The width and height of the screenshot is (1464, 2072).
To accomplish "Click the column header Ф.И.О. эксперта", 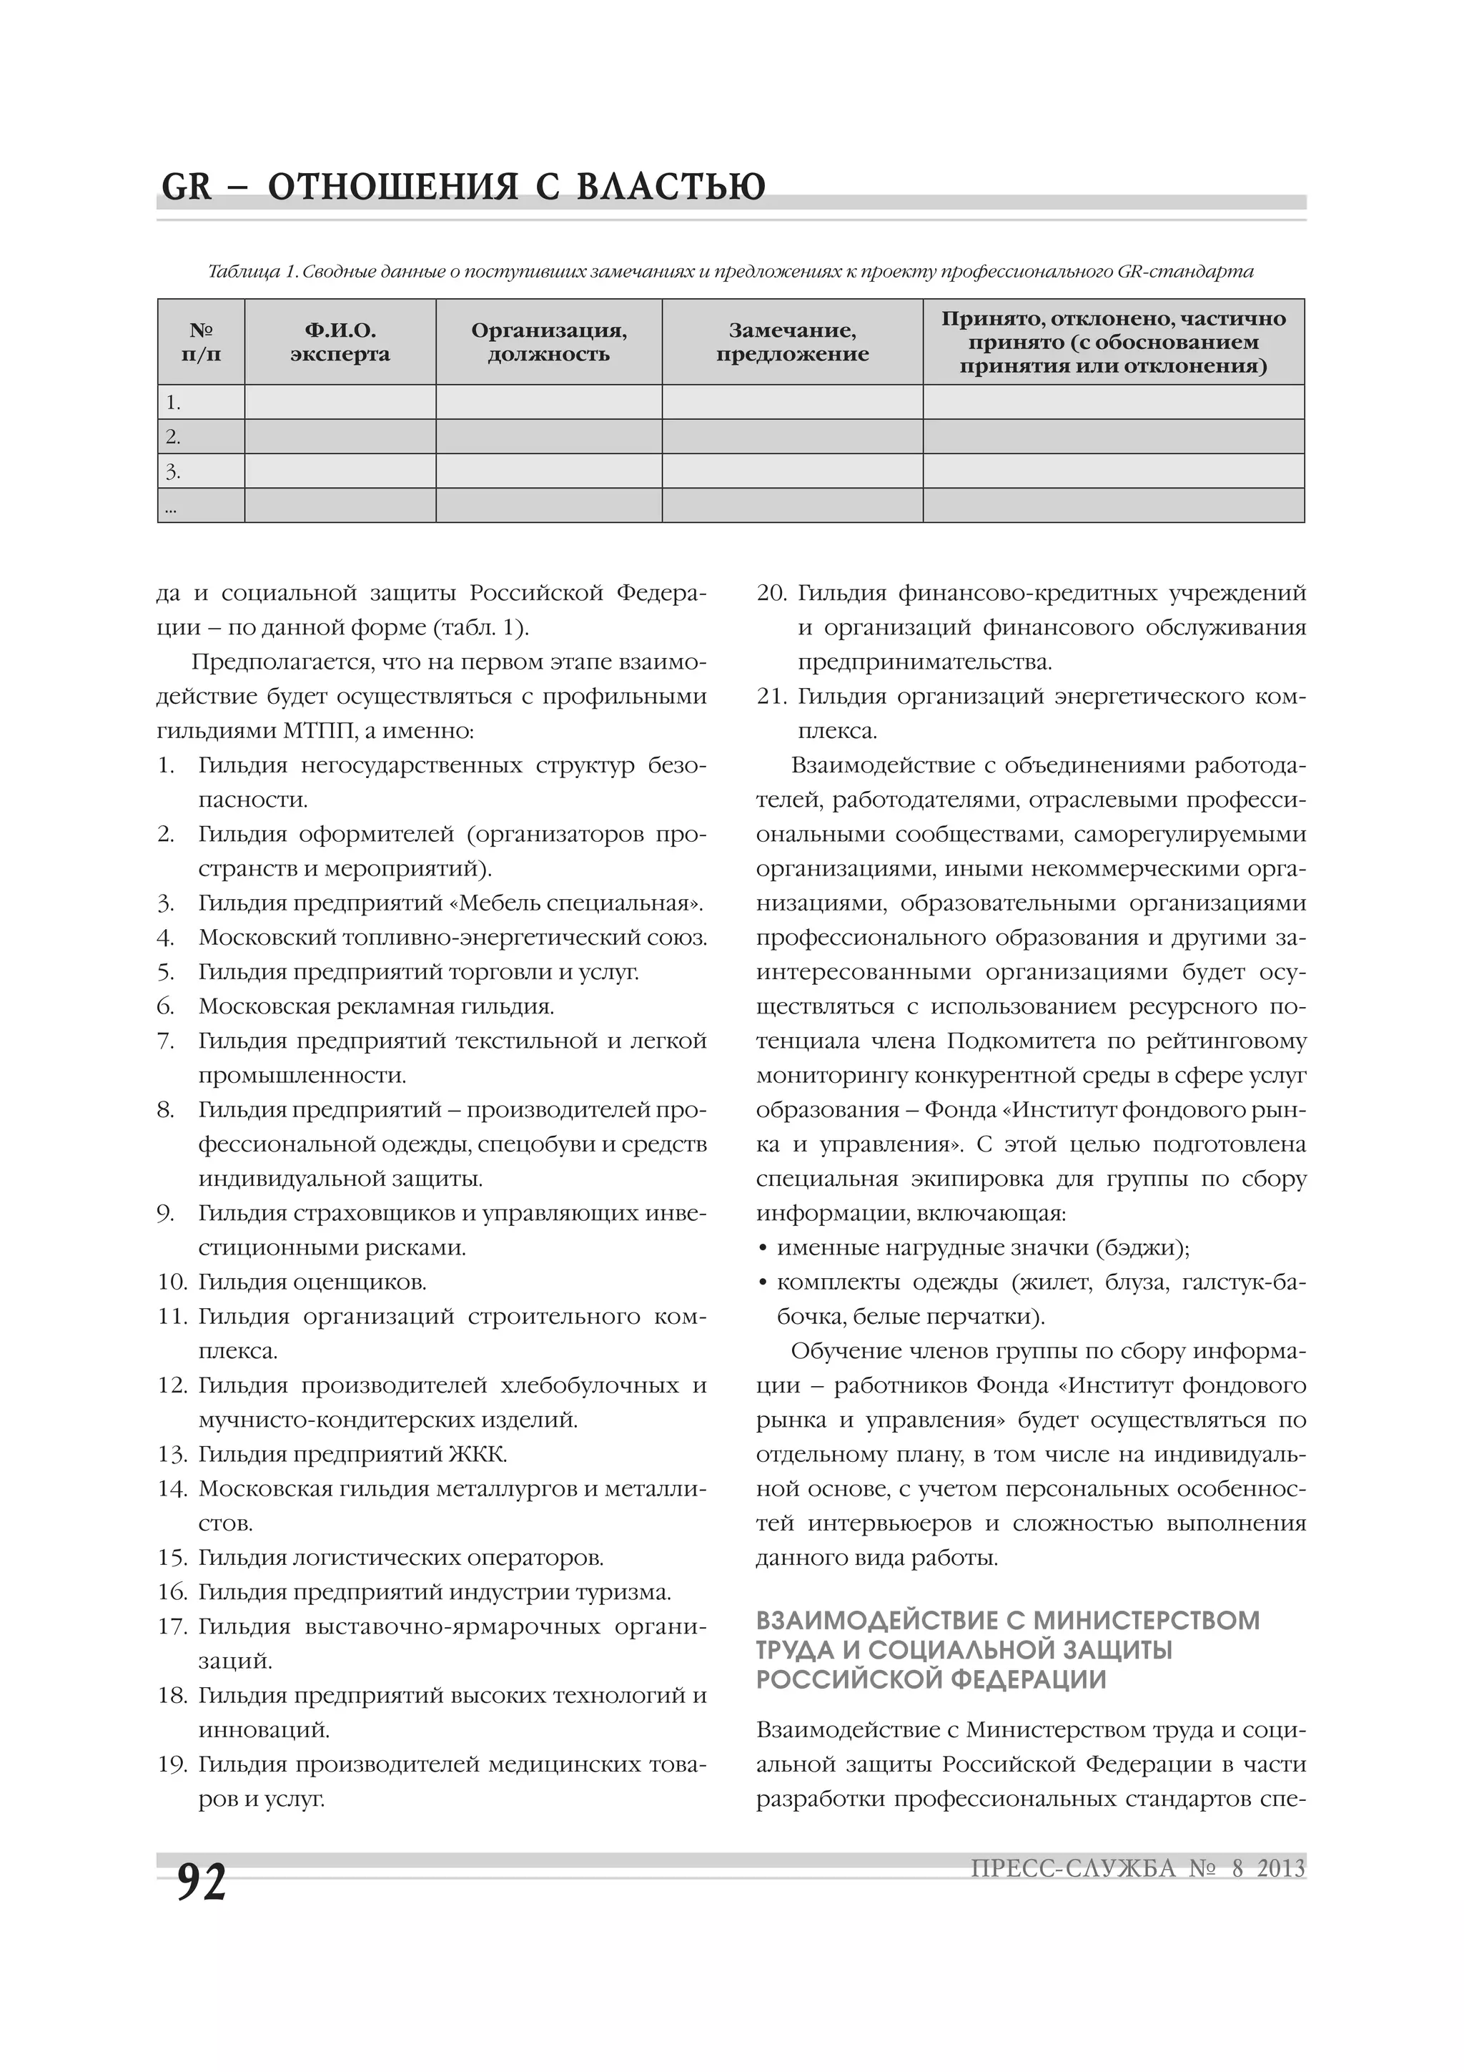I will point(340,342).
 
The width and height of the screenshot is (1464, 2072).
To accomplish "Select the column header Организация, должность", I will point(548,342).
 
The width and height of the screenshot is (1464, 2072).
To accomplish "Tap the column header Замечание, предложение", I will point(792,342).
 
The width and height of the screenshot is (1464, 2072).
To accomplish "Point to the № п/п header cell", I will point(200,342).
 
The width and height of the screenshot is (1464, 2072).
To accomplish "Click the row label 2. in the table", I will point(173,437).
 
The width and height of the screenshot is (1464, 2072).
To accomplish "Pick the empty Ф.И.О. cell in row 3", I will point(340,471).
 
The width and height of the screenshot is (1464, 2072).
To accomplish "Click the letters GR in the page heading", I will point(187,187).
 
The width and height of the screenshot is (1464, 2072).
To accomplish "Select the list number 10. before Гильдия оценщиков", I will point(172,1282).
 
